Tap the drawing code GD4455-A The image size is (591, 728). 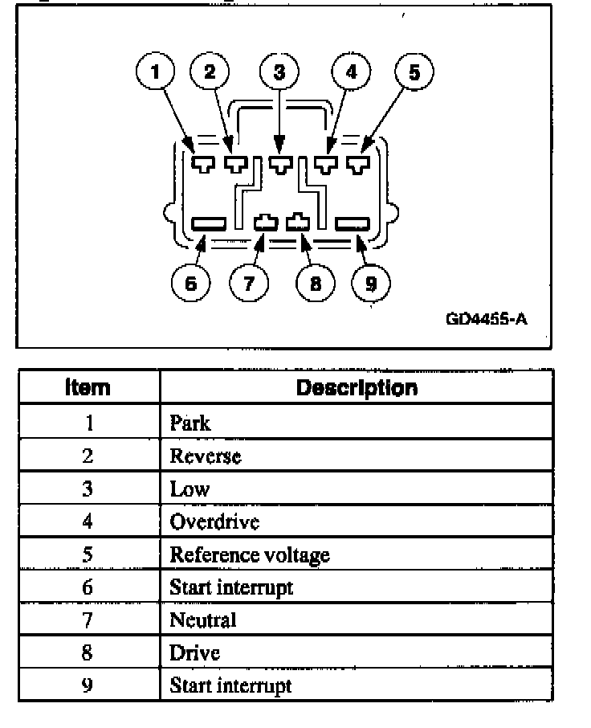[x=486, y=319]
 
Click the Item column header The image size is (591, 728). [x=88, y=388]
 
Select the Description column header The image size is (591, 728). [x=357, y=388]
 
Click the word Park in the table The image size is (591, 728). [x=190, y=423]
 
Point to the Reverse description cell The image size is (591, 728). [x=205, y=456]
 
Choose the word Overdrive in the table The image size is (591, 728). [x=214, y=522]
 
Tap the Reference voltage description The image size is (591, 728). [x=249, y=554]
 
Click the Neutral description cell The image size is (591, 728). [x=203, y=620]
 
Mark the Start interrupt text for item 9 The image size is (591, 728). [x=230, y=685]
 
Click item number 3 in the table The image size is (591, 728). [x=88, y=489]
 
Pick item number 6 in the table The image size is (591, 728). [x=88, y=587]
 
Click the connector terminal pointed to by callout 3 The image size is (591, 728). [x=279, y=166]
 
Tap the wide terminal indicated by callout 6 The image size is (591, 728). [x=210, y=223]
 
